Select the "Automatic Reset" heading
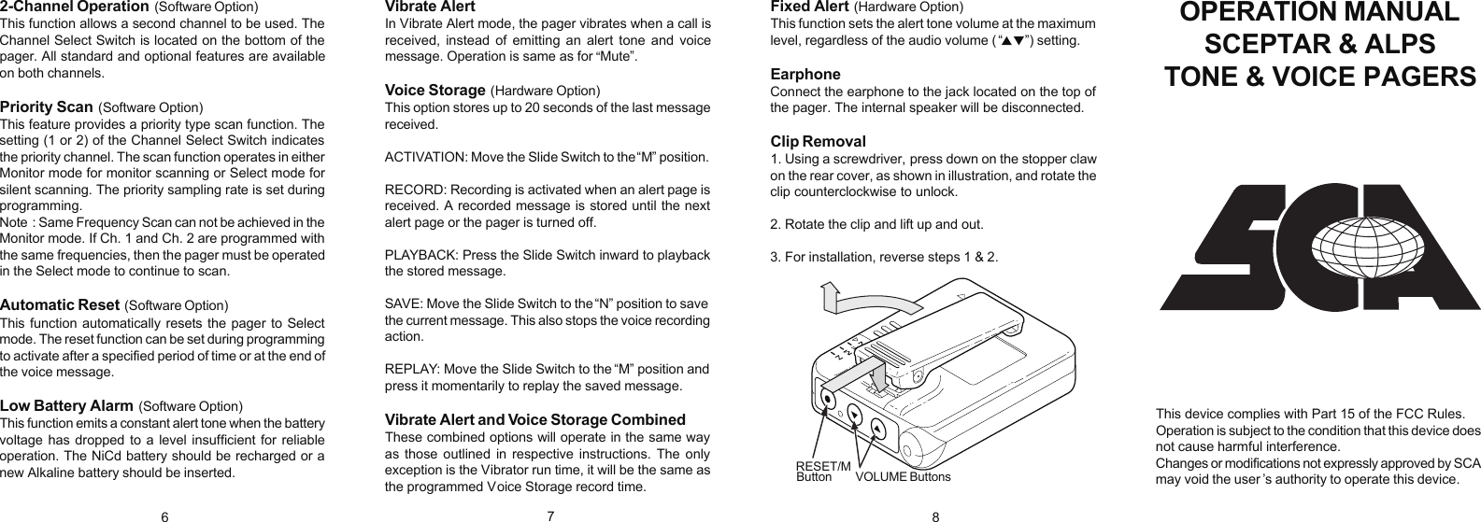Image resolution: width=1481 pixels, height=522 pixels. click(60, 304)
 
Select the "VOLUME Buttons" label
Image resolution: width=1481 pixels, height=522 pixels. click(903, 477)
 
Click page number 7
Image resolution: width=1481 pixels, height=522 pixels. click(551, 515)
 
